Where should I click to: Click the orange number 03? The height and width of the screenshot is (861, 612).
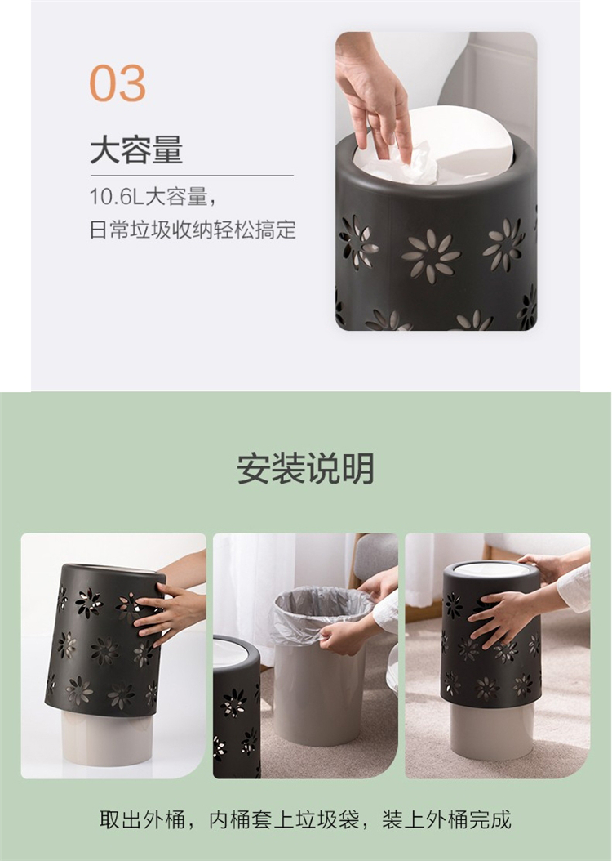(x=118, y=83)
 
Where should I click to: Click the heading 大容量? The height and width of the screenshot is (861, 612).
(x=136, y=150)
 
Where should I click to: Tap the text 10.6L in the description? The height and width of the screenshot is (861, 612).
(x=116, y=197)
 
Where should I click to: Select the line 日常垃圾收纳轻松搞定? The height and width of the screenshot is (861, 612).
(x=193, y=230)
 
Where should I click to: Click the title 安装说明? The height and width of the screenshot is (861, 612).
(x=305, y=468)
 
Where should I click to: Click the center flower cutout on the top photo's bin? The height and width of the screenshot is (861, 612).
(x=431, y=256)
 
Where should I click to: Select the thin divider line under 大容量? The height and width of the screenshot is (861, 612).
(x=192, y=175)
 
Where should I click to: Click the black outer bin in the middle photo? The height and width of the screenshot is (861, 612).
(x=237, y=707)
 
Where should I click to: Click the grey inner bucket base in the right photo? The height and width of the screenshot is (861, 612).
(x=492, y=730)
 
